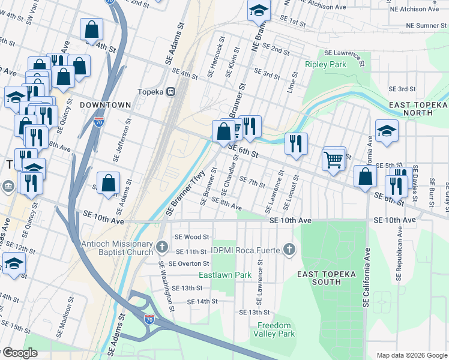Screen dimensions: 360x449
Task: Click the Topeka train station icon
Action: (171, 92)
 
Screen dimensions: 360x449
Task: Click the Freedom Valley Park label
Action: (276, 329)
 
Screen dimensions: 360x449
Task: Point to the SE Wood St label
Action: (191, 238)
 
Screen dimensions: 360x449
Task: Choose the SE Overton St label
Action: (188, 263)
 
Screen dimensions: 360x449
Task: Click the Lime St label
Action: (292, 82)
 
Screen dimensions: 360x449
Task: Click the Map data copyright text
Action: (412, 355)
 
